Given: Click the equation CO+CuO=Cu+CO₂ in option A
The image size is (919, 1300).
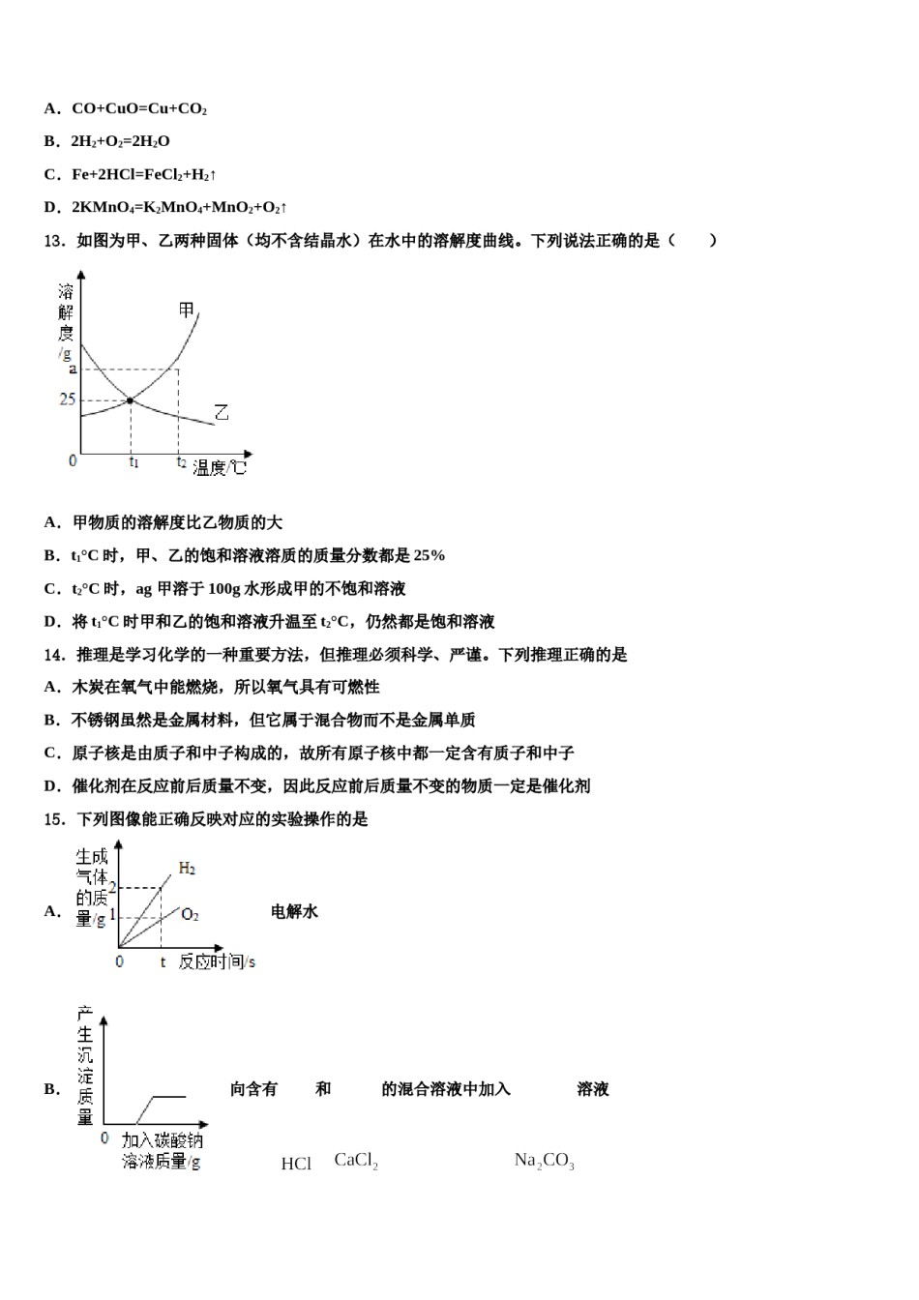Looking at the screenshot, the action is coord(139,109).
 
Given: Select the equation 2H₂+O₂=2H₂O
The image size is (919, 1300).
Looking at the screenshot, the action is coord(120,142).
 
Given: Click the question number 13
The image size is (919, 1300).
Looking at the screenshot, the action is coord(54,241).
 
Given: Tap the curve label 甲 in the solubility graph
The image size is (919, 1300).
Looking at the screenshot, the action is coord(187,310).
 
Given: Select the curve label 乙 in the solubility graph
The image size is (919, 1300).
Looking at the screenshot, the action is coord(222,413).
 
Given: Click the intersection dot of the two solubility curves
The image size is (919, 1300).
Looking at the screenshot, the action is coord(130,400).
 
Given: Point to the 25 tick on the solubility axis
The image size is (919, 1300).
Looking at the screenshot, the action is coord(67,399).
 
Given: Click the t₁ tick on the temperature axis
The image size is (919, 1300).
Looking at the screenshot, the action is coord(133,462).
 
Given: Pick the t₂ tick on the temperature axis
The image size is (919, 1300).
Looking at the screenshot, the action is coord(181,462).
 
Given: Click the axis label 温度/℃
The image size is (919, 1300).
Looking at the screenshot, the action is coord(220,468).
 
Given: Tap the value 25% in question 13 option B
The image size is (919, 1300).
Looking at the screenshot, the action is coord(429,555).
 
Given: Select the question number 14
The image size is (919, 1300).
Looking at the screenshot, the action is coord(54,655).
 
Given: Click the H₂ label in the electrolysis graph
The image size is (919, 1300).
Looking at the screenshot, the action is coord(188,869).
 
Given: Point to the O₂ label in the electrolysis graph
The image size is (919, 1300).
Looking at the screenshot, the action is coord(191,915).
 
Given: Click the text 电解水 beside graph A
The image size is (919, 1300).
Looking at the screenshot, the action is coord(294,911).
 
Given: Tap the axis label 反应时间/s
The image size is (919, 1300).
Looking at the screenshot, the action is coord(218,962).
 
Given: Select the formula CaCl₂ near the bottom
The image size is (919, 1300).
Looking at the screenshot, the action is coord(356,1161).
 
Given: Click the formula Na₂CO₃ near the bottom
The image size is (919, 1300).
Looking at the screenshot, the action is coord(545,1162).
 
